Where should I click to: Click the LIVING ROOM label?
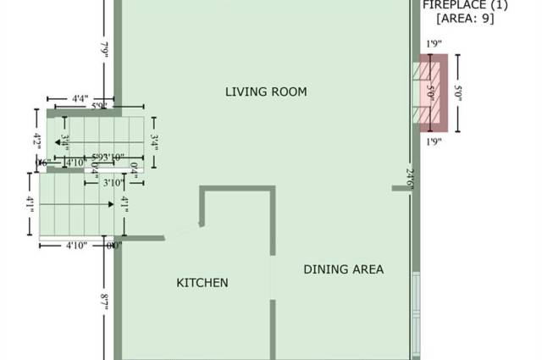[265, 91]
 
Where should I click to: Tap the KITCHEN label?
[202, 283]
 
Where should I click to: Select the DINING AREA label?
[343, 269]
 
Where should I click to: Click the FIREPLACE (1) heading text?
[465, 5]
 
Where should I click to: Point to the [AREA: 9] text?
[465, 19]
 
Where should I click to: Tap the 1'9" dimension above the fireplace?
[434, 43]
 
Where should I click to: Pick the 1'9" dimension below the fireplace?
[434, 141]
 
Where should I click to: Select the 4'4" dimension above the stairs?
[80, 99]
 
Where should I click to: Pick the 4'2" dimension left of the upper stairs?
[37, 140]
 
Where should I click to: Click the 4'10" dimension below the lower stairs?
[80, 246]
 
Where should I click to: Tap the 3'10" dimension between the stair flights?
[113, 182]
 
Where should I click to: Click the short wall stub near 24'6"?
[401, 188]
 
